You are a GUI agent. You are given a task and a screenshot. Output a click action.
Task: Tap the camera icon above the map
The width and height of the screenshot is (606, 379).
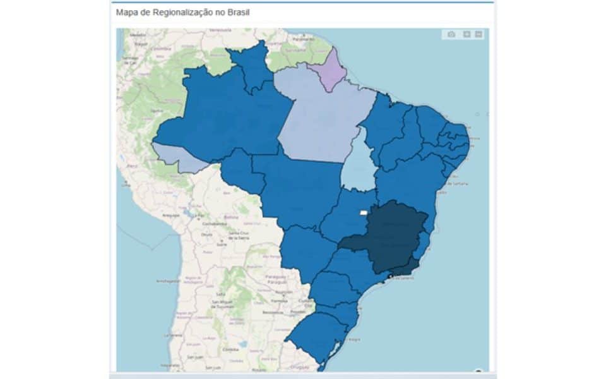451,35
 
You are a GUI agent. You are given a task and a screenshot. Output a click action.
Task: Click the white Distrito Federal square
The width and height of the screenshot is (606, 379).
363,213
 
